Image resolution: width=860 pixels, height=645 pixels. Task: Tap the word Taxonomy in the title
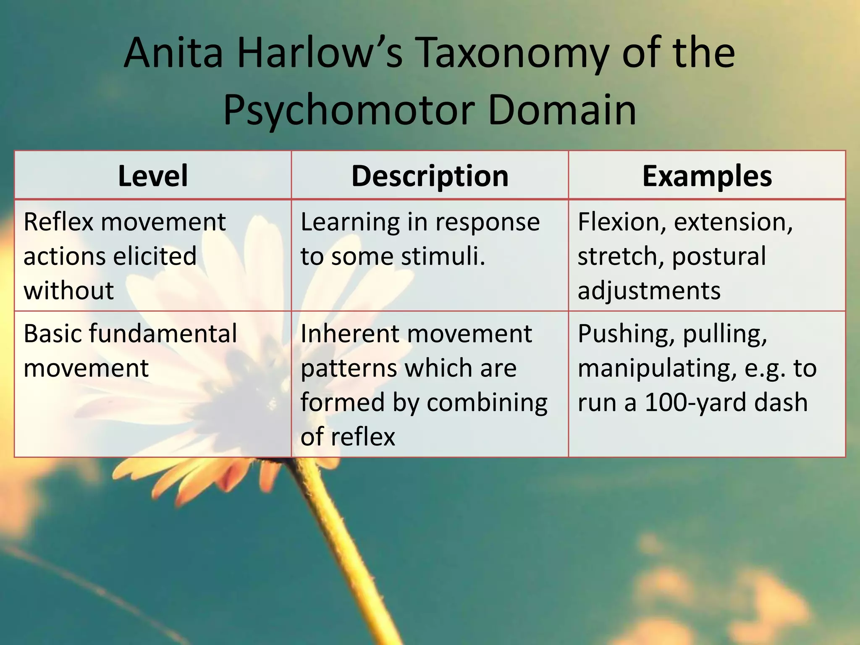[x=512, y=53]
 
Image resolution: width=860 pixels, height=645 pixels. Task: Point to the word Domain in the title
[x=562, y=110]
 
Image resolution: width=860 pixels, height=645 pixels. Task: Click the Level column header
[x=153, y=176]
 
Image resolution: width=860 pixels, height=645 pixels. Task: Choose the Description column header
[x=430, y=176]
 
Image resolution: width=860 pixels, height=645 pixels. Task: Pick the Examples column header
[x=707, y=176]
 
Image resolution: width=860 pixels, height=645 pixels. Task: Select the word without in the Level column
[x=68, y=291]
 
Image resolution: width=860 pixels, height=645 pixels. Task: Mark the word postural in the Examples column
[x=719, y=256]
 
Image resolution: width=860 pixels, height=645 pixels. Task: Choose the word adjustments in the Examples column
[x=649, y=291]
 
